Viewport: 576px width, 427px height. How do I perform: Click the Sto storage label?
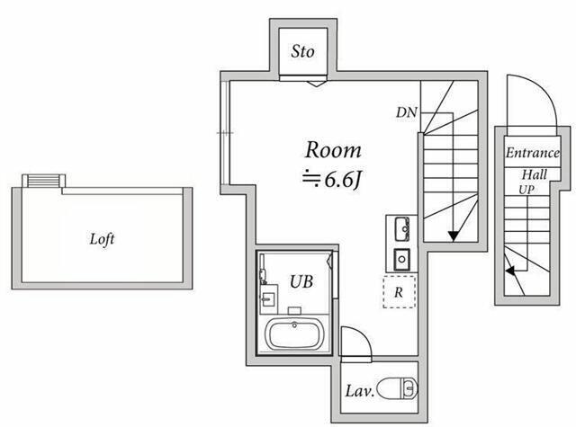pyautogui.click(x=303, y=51)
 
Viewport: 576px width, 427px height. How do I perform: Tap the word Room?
pyautogui.click(x=332, y=150)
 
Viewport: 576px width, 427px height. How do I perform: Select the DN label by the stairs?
pyautogui.click(x=405, y=112)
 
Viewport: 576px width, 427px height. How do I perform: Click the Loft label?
pyautogui.click(x=102, y=240)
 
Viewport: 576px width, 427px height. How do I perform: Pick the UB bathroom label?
pyautogui.click(x=300, y=280)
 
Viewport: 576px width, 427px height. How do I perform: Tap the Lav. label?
pyautogui.click(x=360, y=392)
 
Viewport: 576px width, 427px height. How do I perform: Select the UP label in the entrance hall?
pyautogui.click(x=526, y=191)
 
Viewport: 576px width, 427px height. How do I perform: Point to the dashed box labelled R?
pyautogui.click(x=397, y=292)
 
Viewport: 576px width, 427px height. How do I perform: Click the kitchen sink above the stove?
pyautogui.click(x=400, y=226)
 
